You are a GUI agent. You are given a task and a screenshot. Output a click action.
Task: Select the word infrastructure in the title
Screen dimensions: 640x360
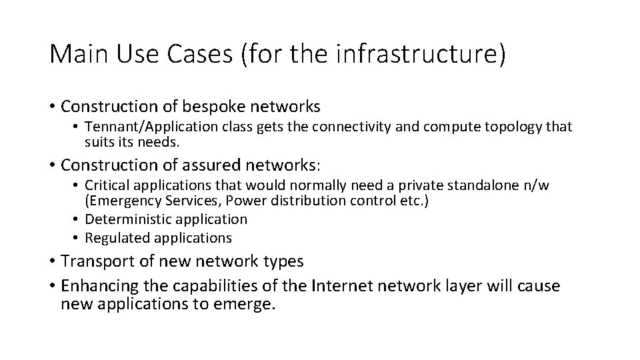413,55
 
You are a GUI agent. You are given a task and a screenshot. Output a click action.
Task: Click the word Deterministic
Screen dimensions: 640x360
129,219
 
